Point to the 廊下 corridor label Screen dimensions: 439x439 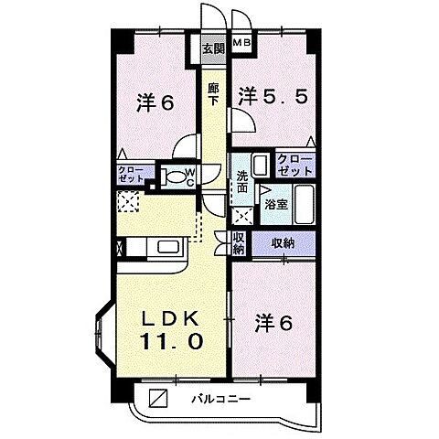coord(212,94)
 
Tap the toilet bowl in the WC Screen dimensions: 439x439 coord(171,175)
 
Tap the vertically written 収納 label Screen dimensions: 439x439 coord(238,243)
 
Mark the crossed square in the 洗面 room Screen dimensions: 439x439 coord(242,217)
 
